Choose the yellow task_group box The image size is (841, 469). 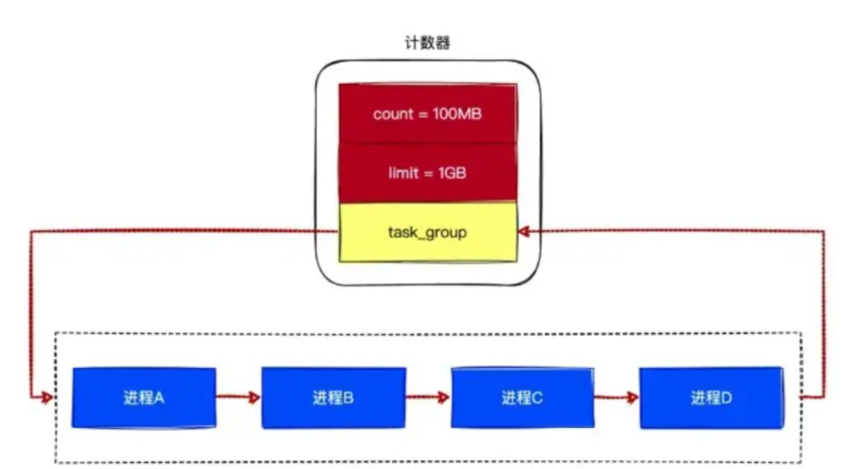tap(428, 232)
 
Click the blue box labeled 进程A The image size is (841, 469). tap(144, 398)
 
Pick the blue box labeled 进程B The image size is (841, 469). tap(333, 398)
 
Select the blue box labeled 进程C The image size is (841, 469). tap(523, 398)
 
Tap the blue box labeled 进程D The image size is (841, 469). tap(712, 398)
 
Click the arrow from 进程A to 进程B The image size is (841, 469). tap(238, 398)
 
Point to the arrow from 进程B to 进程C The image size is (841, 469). tap(428, 398)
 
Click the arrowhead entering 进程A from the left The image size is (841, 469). tap(48, 398)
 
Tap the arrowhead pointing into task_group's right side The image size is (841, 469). tap(525, 232)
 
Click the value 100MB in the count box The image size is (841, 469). tap(457, 114)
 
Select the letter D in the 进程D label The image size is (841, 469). tap(727, 398)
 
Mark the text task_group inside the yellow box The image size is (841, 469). tap(428, 233)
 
